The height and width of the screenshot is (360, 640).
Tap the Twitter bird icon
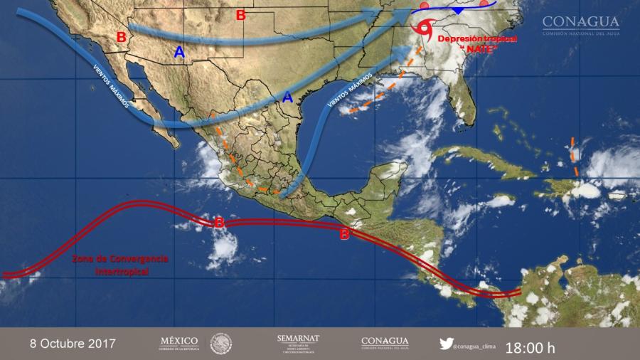446,343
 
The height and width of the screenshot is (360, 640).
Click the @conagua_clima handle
479,344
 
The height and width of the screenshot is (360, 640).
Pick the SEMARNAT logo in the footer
298,343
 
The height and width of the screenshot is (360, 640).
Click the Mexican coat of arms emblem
221,344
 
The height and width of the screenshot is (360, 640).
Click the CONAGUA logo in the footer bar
385,343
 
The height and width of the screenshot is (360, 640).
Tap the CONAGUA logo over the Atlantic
580,26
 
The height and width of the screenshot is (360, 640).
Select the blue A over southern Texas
287,97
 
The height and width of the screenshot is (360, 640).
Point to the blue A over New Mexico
179,52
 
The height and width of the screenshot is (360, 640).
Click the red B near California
121,37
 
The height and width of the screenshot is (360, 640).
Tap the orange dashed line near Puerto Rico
574,157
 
